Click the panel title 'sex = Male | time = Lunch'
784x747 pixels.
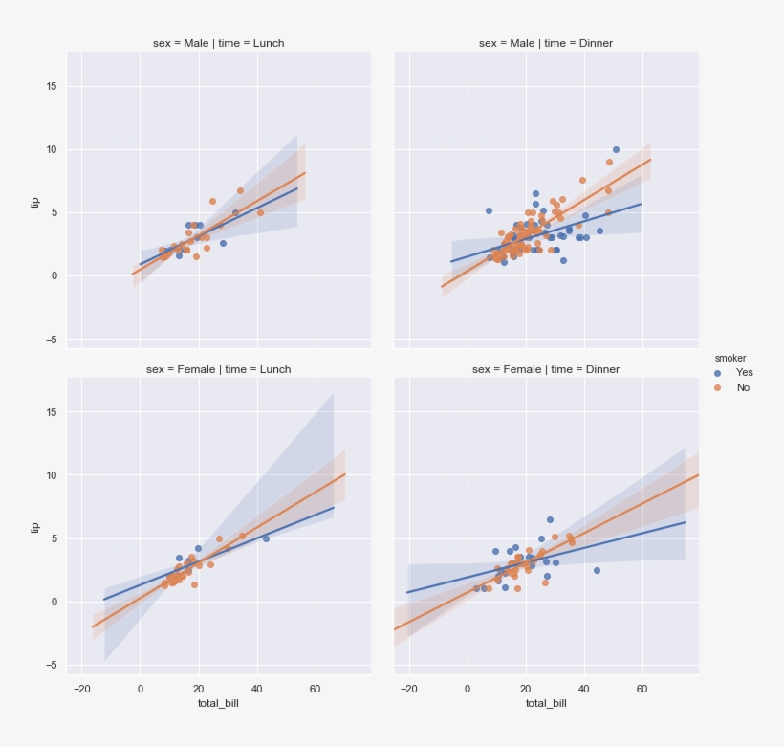click(218, 43)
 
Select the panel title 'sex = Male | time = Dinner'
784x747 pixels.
click(545, 43)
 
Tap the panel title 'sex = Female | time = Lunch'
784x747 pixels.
click(218, 369)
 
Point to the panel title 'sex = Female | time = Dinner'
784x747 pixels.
click(545, 369)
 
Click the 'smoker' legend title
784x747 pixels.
click(730, 358)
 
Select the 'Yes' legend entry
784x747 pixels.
click(744, 372)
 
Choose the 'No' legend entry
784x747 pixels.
click(743, 387)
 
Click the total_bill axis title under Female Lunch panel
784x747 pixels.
click(218, 703)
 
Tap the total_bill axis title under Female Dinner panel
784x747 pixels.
click(545, 703)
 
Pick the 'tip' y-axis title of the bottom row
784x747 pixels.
click(36, 527)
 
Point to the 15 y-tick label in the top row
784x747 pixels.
click(52, 86)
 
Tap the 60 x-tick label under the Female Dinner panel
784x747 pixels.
click(642, 688)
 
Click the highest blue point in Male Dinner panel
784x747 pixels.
click(616, 149)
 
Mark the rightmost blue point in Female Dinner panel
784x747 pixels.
click(597, 570)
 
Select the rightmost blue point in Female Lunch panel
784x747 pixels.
click(266, 538)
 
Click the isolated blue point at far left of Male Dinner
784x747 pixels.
click(489, 210)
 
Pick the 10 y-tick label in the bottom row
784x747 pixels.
click(52, 475)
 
